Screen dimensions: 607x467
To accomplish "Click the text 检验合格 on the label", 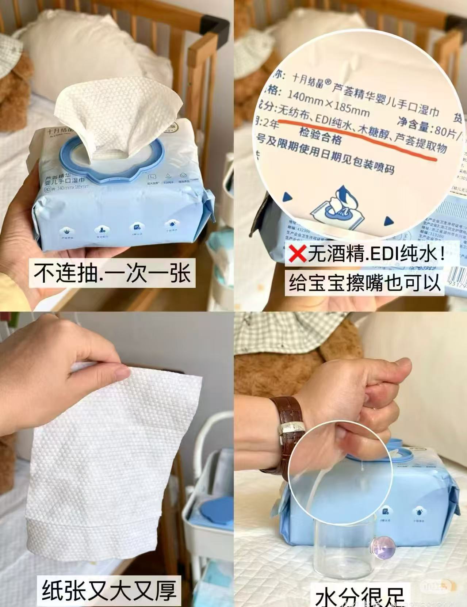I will pos(320,137).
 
